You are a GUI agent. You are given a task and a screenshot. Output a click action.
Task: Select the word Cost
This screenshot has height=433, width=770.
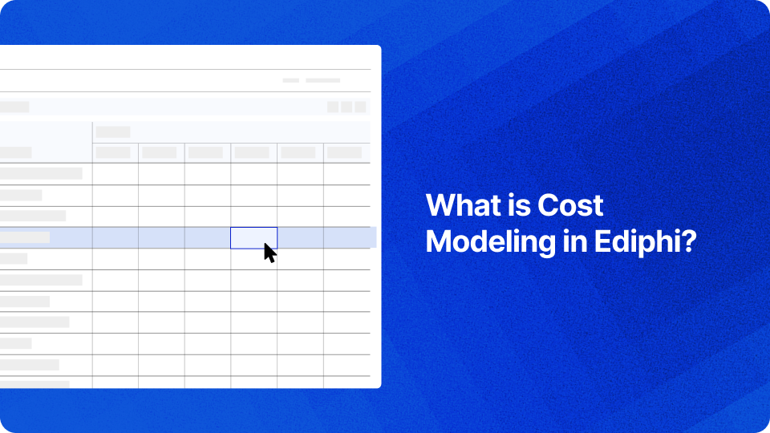570,205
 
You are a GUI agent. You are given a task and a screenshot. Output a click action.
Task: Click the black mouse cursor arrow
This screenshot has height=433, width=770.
269,253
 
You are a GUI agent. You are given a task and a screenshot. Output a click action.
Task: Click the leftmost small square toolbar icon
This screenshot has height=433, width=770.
333,107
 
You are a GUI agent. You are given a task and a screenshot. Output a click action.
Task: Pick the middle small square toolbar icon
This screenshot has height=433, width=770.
346,107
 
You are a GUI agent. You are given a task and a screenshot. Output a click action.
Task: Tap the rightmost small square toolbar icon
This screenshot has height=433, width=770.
360,107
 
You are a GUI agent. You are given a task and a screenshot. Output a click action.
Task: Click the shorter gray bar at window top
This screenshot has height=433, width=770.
291,80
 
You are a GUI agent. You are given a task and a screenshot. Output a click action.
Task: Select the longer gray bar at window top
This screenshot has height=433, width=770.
322,80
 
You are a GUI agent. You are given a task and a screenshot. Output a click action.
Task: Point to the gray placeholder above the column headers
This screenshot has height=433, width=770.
113,132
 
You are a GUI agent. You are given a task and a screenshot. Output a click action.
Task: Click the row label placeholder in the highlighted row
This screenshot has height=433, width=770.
25,237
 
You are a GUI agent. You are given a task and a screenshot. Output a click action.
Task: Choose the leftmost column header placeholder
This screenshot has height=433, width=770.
113,152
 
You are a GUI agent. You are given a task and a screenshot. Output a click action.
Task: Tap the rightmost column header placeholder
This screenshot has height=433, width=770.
344,152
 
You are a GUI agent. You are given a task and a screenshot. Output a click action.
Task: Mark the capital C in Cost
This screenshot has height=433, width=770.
547,205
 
